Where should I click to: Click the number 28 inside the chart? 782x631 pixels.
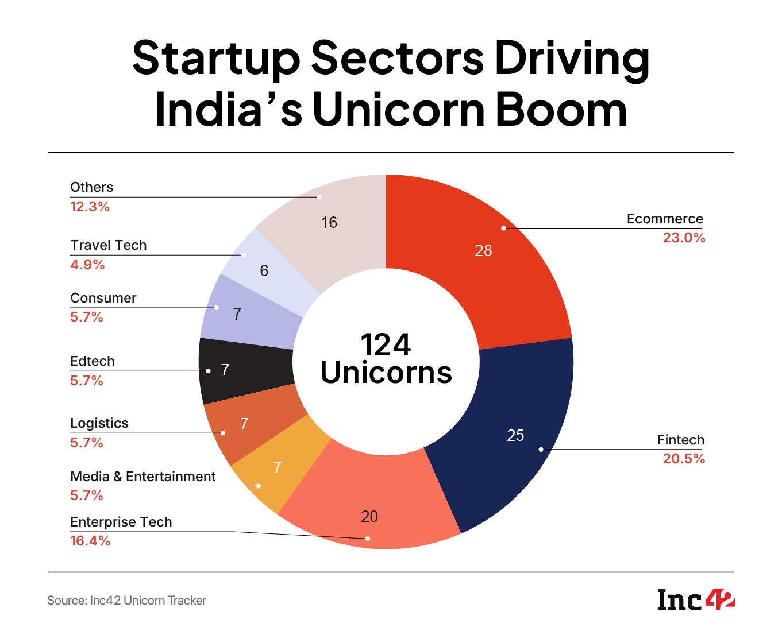483,250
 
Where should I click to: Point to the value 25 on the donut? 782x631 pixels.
515,436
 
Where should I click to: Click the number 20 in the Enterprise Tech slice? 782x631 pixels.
369,517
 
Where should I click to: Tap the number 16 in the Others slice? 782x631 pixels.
329,223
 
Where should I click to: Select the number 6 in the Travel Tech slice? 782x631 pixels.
264,271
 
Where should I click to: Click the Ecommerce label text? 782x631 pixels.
665,219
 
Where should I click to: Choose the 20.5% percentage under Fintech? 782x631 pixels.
683,459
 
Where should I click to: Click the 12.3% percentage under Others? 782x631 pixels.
90,207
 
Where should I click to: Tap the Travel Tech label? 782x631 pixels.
109,245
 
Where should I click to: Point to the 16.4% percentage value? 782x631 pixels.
90,541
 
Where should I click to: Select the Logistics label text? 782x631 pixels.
99,423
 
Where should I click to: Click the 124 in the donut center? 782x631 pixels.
386,345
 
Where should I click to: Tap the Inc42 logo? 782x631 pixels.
696,601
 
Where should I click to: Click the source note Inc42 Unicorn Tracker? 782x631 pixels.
126,601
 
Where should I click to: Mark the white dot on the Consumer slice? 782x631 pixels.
217,308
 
